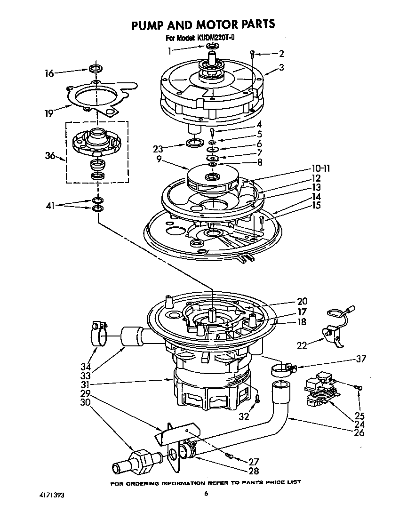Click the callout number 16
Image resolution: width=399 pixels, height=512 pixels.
tap(49, 73)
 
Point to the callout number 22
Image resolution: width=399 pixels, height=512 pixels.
tap(302, 345)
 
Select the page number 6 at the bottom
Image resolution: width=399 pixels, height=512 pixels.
tap(206, 494)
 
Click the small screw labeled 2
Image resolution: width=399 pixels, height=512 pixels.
tap(252, 54)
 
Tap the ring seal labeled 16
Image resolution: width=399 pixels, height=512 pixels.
tap(95, 69)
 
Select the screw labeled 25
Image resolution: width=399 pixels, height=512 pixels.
tap(360, 387)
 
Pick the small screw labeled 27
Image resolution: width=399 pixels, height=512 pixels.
tap(229, 455)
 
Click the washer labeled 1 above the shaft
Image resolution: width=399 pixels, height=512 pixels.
tap(212, 46)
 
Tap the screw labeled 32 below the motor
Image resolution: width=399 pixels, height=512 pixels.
tap(257, 399)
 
